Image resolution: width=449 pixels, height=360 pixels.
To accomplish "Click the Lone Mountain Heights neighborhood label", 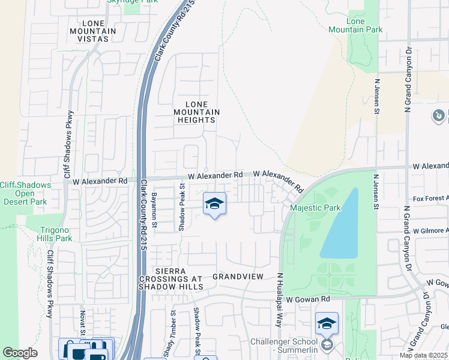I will click(196, 112).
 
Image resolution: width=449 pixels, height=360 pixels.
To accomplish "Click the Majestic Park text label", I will click(315, 208).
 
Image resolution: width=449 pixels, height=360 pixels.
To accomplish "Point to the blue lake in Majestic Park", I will click(340, 225).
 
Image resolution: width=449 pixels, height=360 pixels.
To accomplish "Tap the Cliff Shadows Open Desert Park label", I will click(25, 193).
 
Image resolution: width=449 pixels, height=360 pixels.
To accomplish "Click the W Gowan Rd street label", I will click(308, 299).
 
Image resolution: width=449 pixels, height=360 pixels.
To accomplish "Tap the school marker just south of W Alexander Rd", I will click(214, 205).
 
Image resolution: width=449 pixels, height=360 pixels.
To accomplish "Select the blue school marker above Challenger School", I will click(326, 324).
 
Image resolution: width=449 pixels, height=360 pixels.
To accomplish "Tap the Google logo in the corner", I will click(20, 353).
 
